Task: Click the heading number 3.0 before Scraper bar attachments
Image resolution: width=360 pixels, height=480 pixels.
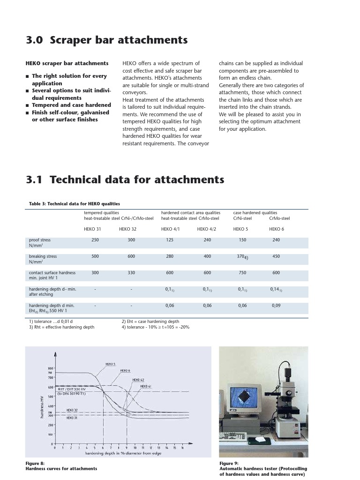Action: coord(34,40)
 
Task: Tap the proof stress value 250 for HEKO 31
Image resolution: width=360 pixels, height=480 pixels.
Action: coord(95,240)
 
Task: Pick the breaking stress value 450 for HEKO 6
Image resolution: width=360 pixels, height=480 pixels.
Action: coord(276,256)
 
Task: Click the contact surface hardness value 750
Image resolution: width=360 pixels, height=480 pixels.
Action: coord(242,273)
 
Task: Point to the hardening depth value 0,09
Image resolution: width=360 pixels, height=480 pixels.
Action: coord(276,306)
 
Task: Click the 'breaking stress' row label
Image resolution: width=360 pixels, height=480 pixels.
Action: coord(43,256)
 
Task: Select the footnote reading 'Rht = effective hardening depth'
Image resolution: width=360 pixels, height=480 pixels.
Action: coord(61,327)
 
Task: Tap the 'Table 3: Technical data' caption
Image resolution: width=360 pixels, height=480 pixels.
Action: coord(68,204)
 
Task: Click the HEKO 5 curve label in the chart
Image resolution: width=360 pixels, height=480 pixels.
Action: coord(110,364)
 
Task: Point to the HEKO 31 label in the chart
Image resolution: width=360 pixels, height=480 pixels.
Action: coord(72,417)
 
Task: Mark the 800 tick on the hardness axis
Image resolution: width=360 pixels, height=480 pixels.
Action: coord(50,368)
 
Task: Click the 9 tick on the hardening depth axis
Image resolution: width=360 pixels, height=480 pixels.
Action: coord(127,448)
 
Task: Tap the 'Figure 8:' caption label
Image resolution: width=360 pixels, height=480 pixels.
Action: coord(35,464)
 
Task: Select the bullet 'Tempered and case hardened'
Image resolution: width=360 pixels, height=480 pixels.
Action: coord(71,105)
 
